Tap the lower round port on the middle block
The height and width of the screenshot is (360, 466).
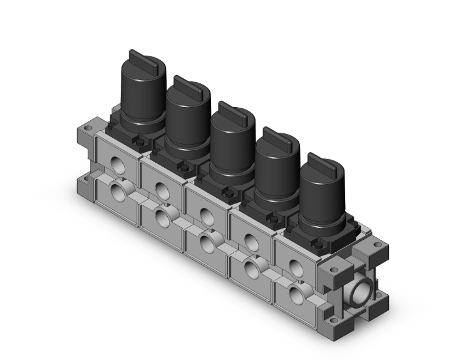pos(206,241)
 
